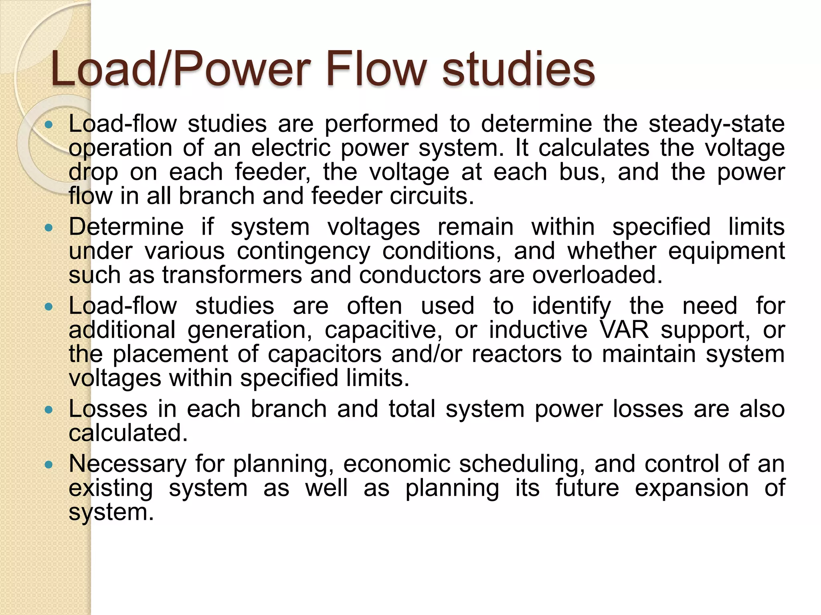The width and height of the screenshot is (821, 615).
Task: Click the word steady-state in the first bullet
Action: (x=716, y=124)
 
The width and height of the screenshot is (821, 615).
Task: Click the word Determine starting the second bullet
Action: (x=126, y=227)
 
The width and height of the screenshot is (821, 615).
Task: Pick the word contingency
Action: (x=303, y=252)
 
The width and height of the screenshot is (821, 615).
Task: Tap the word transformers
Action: (x=232, y=275)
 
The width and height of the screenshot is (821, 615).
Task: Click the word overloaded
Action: (x=597, y=275)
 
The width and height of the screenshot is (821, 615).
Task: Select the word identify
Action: (x=571, y=307)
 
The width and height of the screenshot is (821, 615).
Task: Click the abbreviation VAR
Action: (x=624, y=330)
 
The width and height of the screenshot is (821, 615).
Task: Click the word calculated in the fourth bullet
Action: (x=128, y=433)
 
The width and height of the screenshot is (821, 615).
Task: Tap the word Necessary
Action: (x=127, y=464)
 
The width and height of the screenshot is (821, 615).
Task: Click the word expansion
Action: (x=692, y=488)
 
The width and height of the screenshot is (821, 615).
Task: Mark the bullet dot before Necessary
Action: (x=49, y=465)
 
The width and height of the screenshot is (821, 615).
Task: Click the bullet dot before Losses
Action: (x=49, y=410)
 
